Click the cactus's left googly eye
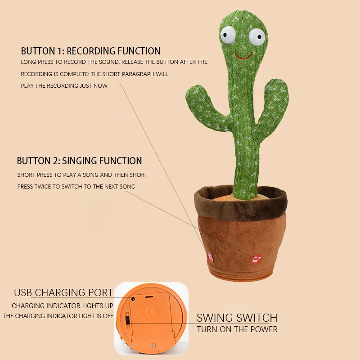pyautogui.click(x=228, y=34)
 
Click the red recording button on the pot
pyautogui.click(x=210, y=257)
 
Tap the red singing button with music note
pyautogui.click(x=256, y=259)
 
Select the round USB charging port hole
pyautogui.click(x=133, y=298)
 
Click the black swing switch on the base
pyautogui.click(x=127, y=321)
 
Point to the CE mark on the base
pyautogui.click(x=151, y=311)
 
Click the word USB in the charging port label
pyautogui.click(x=23, y=292)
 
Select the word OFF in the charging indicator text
pyautogui.click(x=108, y=316)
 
